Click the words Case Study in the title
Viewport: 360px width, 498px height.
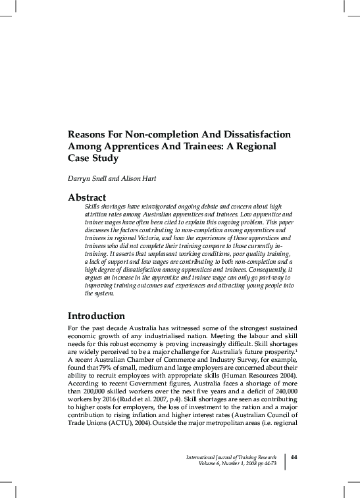[95, 159]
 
